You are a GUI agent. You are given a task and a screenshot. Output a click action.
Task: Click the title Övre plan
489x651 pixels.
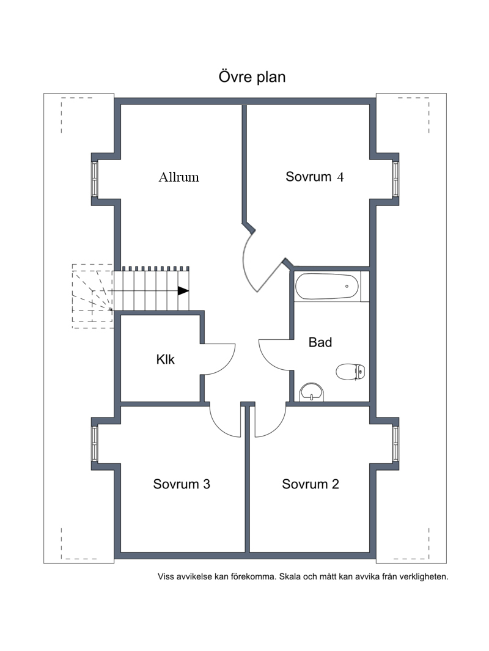[252, 77]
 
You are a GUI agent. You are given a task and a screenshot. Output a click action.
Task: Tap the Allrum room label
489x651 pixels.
[178, 177]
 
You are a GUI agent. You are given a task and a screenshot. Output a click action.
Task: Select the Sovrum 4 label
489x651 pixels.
[315, 177]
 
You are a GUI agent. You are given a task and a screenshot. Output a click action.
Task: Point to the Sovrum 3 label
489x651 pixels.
[182, 484]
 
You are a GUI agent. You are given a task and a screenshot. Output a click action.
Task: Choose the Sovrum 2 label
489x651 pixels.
[311, 484]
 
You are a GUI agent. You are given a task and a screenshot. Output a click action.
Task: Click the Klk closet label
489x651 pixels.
[165, 359]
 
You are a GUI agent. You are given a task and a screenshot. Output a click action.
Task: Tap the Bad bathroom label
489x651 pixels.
[320, 342]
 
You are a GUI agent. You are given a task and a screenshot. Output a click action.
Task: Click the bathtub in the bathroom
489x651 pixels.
[326, 286]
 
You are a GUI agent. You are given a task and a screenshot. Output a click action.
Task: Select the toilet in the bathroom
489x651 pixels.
[350, 372]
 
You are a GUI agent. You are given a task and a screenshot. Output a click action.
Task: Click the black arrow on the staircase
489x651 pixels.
[183, 291]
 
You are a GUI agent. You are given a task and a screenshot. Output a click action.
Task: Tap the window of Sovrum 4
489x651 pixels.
[395, 179]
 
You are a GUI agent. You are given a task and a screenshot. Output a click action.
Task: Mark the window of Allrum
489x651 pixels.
[95, 179]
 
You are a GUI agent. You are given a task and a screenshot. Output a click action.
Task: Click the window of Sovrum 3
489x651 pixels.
[95, 443]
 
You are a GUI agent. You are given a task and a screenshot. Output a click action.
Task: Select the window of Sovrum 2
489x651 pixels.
[395, 443]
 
